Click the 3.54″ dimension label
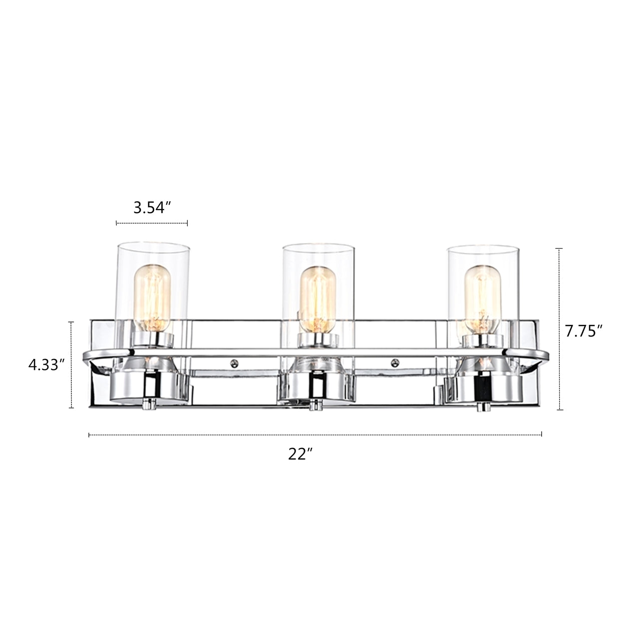click(152, 207)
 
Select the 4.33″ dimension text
click(47, 365)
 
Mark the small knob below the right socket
click(481, 407)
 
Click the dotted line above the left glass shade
click(152, 223)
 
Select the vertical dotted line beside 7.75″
click(559, 329)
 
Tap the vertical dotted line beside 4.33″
click(71, 365)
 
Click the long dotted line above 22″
click(315, 435)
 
